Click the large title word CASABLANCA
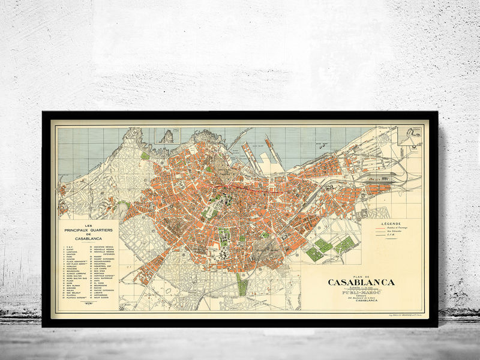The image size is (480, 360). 361,283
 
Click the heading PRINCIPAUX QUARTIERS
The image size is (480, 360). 88,229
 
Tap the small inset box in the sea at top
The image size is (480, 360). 164,136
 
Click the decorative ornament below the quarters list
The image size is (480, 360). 89,304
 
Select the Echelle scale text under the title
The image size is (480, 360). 361,289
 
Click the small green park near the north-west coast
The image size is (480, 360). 145,156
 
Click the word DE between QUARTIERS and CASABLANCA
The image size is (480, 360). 88,233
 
